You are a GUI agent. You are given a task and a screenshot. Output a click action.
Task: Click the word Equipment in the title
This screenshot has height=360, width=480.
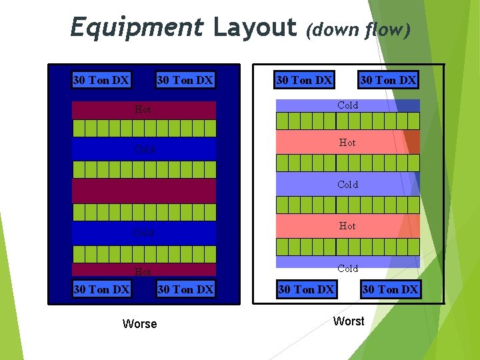137,28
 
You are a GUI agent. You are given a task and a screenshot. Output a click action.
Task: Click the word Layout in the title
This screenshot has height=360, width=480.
255,28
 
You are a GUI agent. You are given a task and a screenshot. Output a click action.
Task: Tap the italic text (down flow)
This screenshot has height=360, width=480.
358,29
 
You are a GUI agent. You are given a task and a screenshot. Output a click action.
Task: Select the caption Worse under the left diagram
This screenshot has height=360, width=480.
140,324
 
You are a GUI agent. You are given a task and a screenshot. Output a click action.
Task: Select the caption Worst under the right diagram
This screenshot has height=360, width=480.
349,321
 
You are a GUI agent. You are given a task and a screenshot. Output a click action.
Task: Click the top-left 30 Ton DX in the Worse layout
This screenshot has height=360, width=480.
101,81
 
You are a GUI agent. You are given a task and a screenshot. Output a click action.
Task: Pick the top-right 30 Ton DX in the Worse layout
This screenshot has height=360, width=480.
185,81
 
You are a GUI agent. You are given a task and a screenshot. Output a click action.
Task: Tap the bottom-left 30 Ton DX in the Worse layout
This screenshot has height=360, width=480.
101,289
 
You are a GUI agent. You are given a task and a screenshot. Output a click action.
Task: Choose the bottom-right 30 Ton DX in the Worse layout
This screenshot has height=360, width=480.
185,289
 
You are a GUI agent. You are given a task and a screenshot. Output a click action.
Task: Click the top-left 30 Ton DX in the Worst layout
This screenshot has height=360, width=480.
304,80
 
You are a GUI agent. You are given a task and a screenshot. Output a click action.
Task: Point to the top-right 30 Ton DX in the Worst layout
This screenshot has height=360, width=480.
388,80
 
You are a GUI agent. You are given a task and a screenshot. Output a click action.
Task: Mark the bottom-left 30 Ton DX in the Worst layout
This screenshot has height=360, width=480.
306,289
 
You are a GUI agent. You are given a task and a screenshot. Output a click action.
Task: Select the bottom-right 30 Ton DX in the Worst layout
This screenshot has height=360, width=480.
390,289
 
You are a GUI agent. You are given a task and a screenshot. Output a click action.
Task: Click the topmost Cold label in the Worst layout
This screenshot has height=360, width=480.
348,105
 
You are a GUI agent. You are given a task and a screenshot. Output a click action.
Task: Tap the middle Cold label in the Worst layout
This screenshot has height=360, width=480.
348,185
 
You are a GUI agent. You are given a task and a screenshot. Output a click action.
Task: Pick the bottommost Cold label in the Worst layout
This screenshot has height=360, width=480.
348,269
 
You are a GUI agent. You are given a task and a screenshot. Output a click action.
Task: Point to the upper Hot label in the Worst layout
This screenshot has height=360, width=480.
347,143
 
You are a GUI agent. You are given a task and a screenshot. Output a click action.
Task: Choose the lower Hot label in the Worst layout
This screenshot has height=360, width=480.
347,226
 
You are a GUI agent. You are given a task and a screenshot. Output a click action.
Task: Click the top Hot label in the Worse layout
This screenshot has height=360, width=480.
143,109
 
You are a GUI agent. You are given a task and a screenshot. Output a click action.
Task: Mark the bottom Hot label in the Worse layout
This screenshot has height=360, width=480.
143,272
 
